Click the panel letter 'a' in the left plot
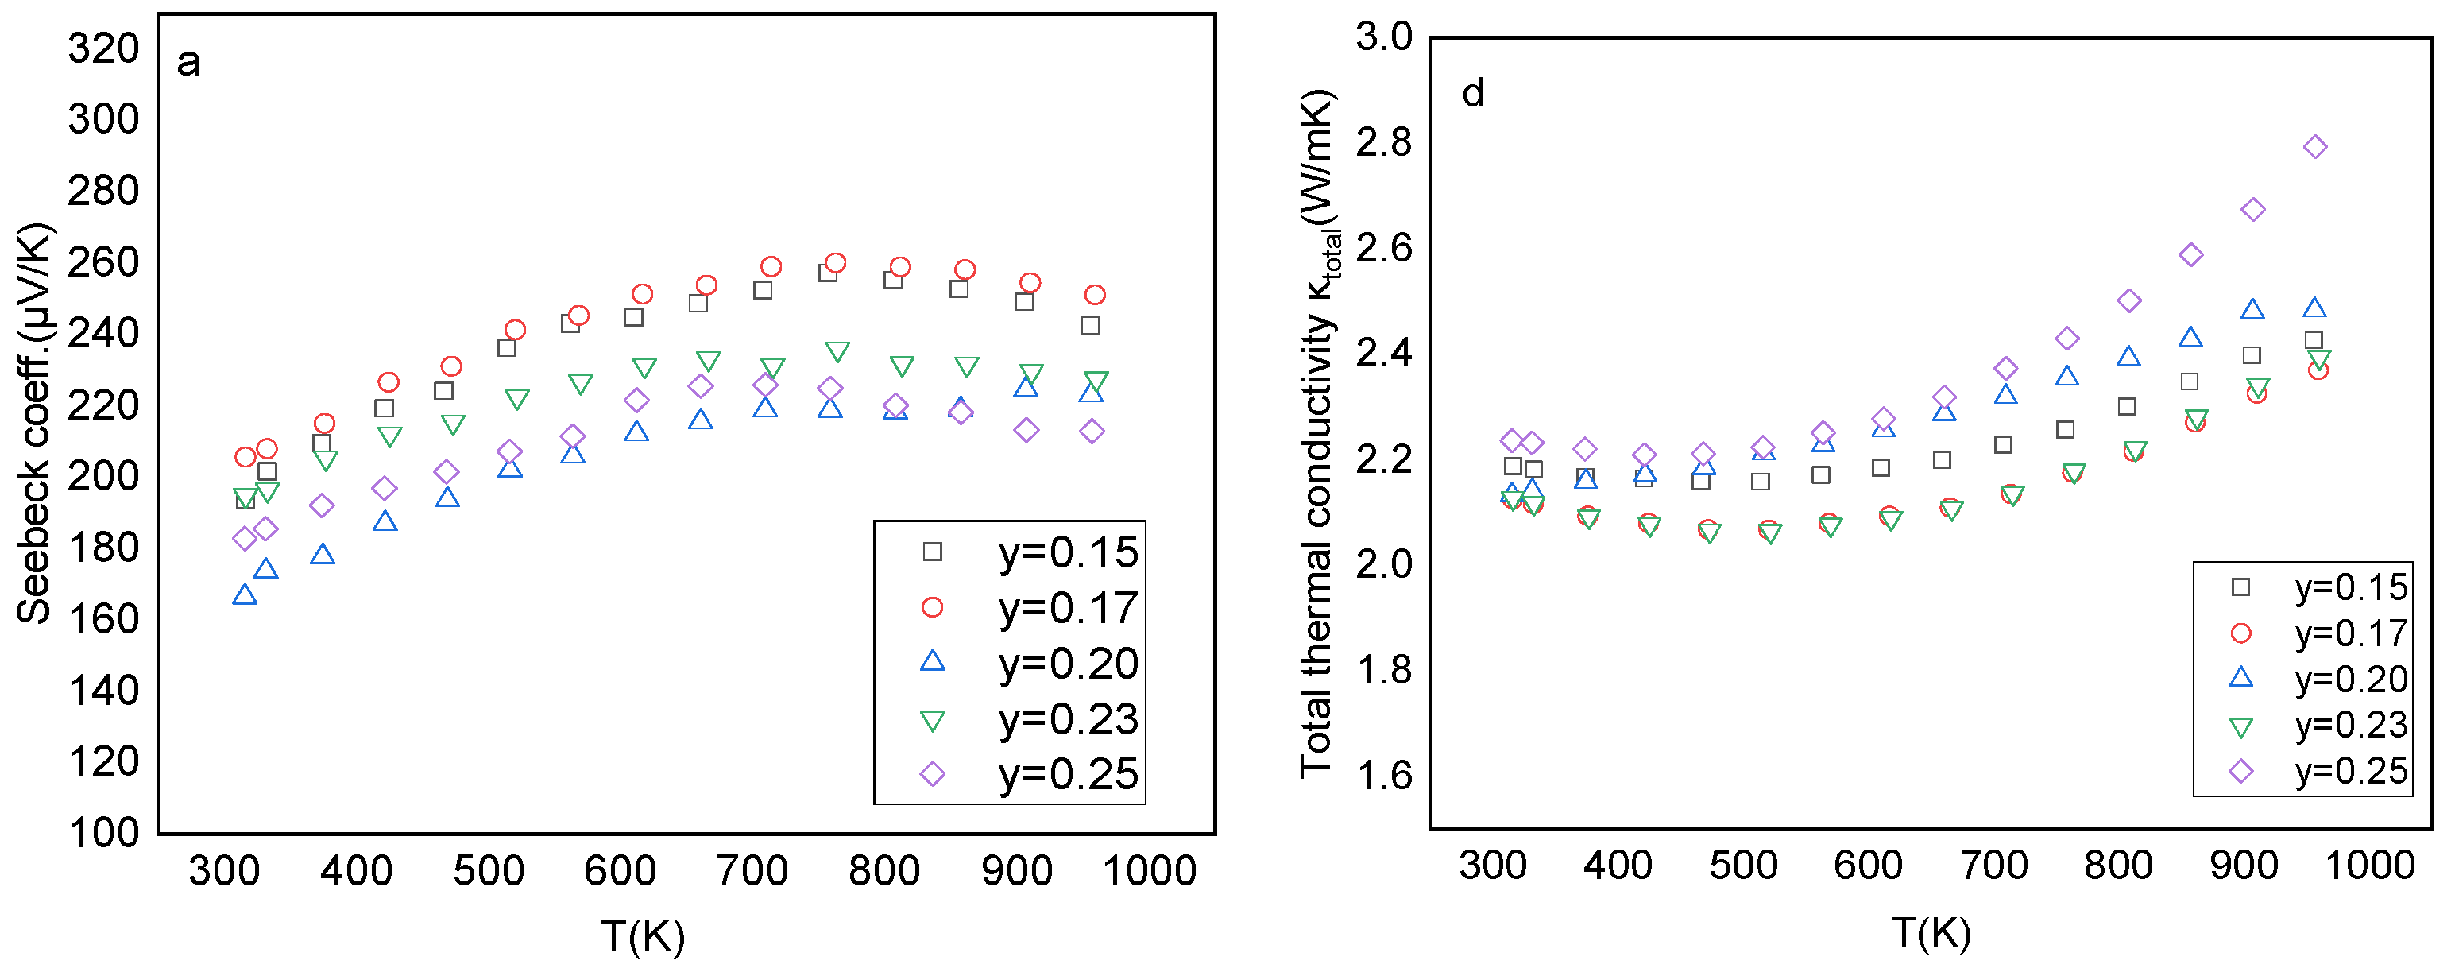tap(189, 63)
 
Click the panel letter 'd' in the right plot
tap(1472, 94)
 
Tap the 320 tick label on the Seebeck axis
tap(104, 48)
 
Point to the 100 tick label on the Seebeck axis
tap(104, 832)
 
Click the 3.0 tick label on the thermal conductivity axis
tap(1385, 37)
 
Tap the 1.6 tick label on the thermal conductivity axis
tap(1385, 776)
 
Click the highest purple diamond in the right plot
tap(2316, 147)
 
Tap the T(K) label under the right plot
tap(1931, 932)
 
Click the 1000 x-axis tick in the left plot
tap(1150, 871)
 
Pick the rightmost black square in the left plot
tap(1090, 326)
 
